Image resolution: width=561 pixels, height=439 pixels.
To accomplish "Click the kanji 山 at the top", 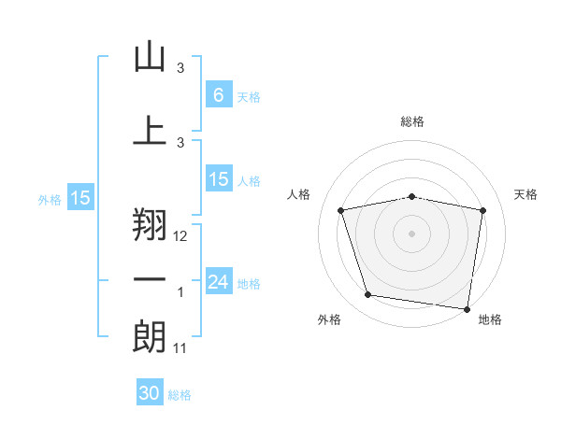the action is pyautogui.click(x=150, y=56).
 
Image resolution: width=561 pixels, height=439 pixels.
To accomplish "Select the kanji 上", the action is pyautogui.click(x=150, y=130).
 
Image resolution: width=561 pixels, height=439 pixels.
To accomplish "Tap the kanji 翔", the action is pyautogui.click(x=150, y=224).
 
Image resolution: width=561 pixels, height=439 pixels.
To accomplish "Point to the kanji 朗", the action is pyautogui.click(x=150, y=337).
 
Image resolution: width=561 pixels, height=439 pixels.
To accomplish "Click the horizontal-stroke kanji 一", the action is pyautogui.click(x=150, y=279).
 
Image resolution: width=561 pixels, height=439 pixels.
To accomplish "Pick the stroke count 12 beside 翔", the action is pyautogui.click(x=180, y=236).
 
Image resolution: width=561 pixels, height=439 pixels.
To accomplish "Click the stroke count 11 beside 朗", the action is pyautogui.click(x=180, y=348).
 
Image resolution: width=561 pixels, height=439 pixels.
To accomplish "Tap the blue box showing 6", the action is pyautogui.click(x=219, y=94).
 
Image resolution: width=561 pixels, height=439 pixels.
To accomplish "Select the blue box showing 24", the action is pyautogui.click(x=219, y=280).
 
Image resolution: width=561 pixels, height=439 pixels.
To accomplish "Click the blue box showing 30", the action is pyautogui.click(x=150, y=391).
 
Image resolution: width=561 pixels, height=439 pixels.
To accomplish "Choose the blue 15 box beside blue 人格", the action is pyautogui.click(x=219, y=178).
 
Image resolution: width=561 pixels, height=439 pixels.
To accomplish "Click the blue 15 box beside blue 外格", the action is pyautogui.click(x=80, y=197).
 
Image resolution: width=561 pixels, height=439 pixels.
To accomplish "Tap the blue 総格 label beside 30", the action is pyautogui.click(x=180, y=395).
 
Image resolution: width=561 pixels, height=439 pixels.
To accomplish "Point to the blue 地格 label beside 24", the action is pyautogui.click(x=249, y=284).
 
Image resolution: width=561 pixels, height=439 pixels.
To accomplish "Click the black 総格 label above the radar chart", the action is pyautogui.click(x=412, y=121).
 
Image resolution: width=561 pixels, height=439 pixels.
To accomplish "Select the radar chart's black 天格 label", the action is pyautogui.click(x=525, y=194).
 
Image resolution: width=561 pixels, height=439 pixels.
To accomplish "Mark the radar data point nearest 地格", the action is pyautogui.click(x=467, y=309).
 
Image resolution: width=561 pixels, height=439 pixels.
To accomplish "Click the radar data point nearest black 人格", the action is pyautogui.click(x=340, y=210).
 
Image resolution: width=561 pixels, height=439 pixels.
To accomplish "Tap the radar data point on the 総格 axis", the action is pyautogui.click(x=411, y=197).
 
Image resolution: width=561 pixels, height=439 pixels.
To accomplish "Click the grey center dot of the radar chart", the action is pyautogui.click(x=411, y=234).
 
